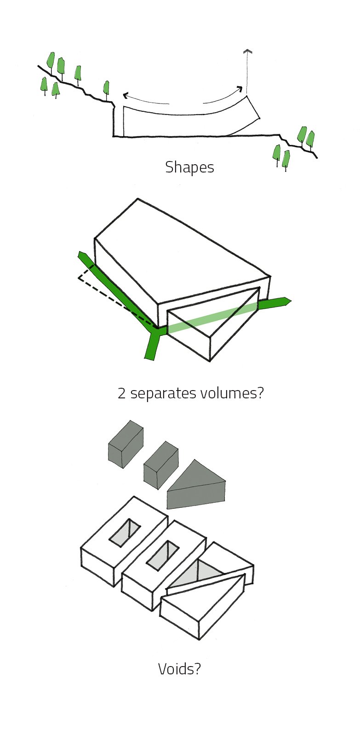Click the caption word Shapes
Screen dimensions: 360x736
189,167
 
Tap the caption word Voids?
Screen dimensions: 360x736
179,669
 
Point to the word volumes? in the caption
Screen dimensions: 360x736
232,393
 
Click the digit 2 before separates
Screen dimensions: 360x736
121,393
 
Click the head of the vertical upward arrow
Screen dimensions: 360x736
248,52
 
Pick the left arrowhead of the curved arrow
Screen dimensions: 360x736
125,96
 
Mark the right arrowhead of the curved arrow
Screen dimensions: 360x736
240,89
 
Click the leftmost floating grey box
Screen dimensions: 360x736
126,444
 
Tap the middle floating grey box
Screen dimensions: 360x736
161,465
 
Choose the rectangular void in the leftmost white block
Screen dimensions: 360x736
125,533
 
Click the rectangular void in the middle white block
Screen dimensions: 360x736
163,555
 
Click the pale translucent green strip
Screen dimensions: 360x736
212,317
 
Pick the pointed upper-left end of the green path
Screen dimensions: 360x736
81,254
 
